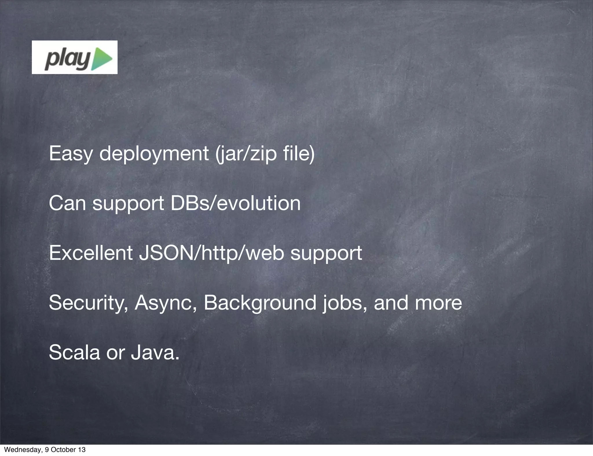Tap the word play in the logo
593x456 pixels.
[x=67, y=60]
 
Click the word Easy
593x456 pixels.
[x=70, y=154]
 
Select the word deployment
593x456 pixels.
[x=154, y=154]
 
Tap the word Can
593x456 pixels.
[x=67, y=203]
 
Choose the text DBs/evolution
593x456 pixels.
[x=235, y=203]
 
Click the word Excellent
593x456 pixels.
[x=91, y=253]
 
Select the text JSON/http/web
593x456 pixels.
[x=211, y=253]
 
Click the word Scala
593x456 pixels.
[x=74, y=352]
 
